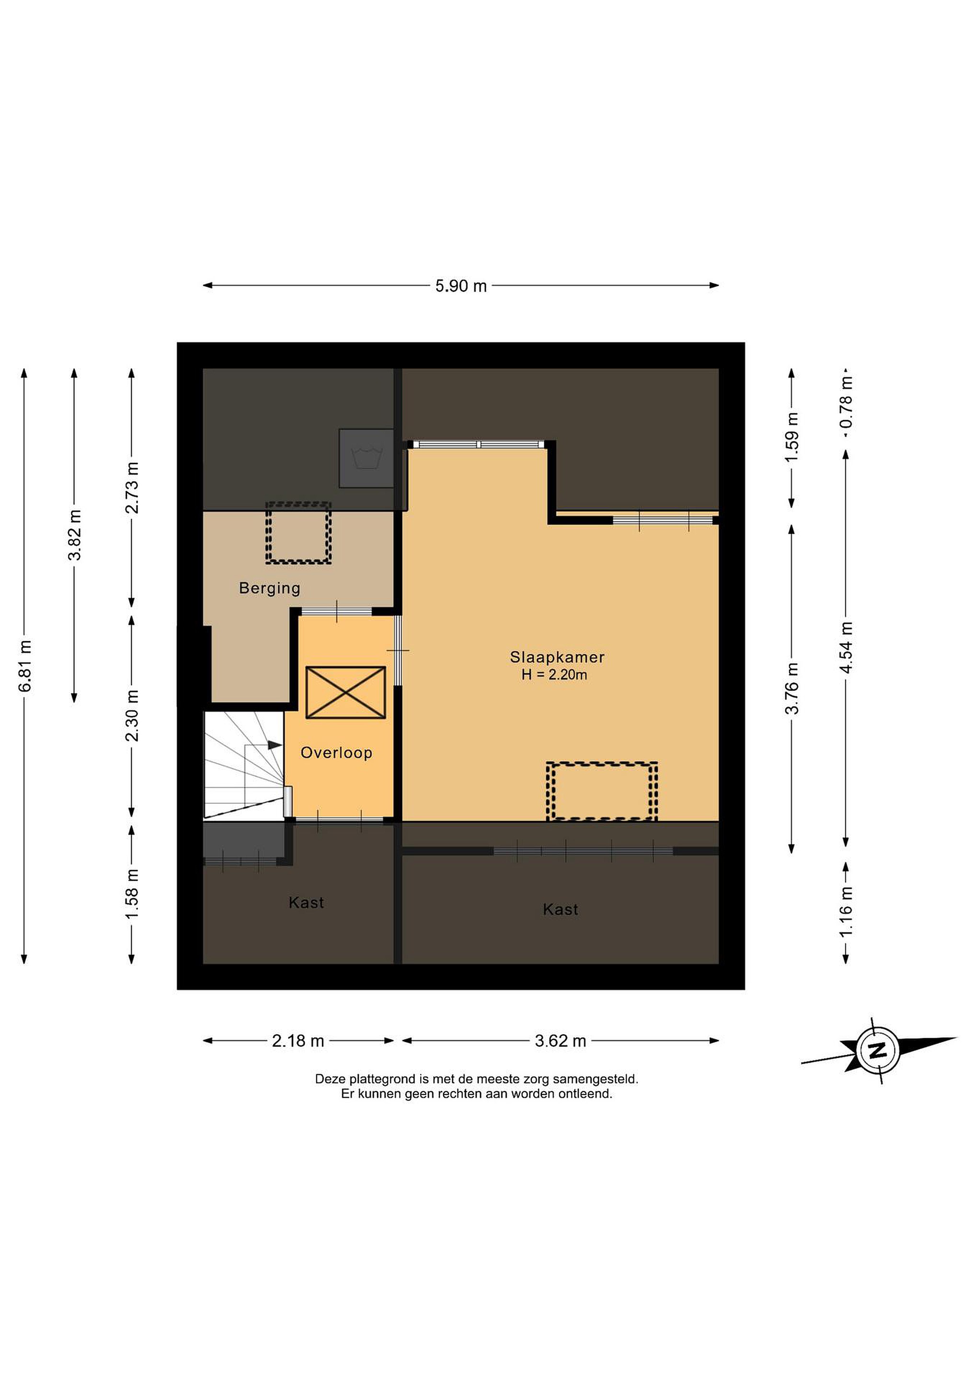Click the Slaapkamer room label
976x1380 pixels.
[x=557, y=657]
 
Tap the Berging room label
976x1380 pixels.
[x=270, y=588]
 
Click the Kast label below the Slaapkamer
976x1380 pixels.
[x=561, y=909]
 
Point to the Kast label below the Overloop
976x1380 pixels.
[x=307, y=902]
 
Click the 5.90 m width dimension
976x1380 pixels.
[x=461, y=286]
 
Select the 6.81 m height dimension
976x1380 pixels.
[x=24, y=666]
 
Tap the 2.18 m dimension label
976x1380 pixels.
[x=298, y=1040]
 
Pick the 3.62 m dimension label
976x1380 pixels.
[x=561, y=1040]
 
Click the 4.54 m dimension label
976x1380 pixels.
[x=846, y=647]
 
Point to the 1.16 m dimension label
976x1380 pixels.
[x=846, y=912]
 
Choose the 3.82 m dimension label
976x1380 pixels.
[x=75, y=535]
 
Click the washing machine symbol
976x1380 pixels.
[x=367, y=458]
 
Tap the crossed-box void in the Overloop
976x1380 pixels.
[x=345, y=692]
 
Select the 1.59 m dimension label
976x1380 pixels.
[x=792, y=437]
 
